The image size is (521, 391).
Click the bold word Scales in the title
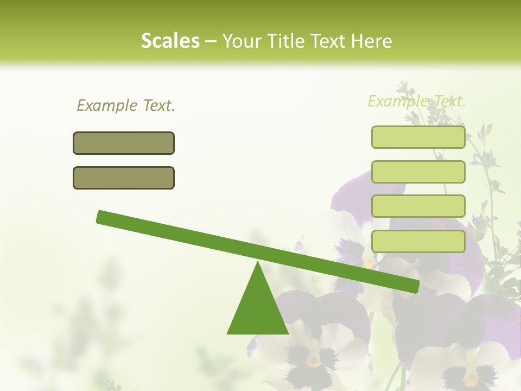[170, 41]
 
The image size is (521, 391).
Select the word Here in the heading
[372, 41]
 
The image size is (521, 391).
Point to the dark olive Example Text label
[126, 105]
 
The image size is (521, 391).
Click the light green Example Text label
[417, 101]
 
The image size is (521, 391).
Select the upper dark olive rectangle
[124, 143]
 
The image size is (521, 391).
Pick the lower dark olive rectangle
[124, 178]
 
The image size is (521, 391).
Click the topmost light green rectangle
[418, 137]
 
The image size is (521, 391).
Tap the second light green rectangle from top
[418, 172]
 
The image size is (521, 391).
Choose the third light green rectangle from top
[418, 206]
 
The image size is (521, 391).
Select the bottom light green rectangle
[418, 241]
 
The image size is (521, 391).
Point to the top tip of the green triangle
[258, 263]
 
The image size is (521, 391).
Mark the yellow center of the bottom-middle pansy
[313, 359]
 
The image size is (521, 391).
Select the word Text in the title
[327, 41]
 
